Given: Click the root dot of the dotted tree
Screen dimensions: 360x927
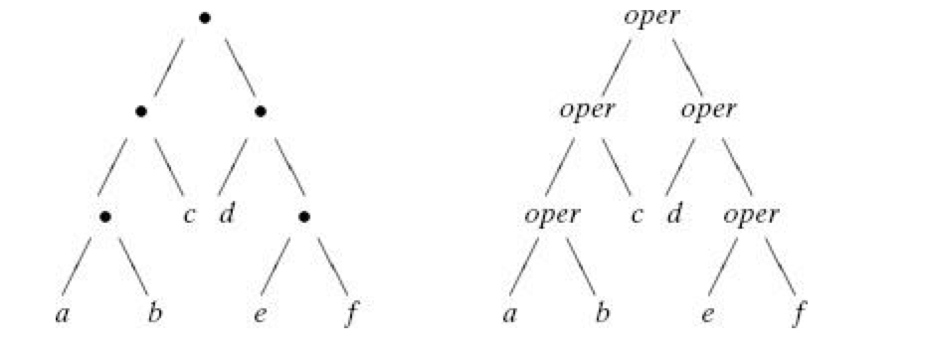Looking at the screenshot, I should click(x=204, y=18).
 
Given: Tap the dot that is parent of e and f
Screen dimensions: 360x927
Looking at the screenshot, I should click(x=304, y=215).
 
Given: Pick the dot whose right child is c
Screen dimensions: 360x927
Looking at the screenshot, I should click(x=141, y=110).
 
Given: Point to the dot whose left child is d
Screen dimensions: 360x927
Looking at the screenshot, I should click(x=261, y=110).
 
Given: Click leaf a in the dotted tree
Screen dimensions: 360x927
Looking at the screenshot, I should click(x=62, y=316).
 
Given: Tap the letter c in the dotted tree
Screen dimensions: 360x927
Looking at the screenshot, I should click(x=189, y=215).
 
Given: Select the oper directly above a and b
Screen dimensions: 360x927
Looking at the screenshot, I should click(x=553, y=215).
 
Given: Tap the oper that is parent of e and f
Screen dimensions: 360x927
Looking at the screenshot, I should click(x=752, y=215).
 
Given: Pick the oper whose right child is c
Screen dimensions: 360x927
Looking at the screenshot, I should click(x=587, y=110).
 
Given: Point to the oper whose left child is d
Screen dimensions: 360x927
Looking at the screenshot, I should click(x=708, y=110).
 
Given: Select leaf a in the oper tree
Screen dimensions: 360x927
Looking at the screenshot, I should click(x=509, y=316).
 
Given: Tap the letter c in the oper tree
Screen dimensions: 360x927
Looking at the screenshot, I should click(x=637, y=215).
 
